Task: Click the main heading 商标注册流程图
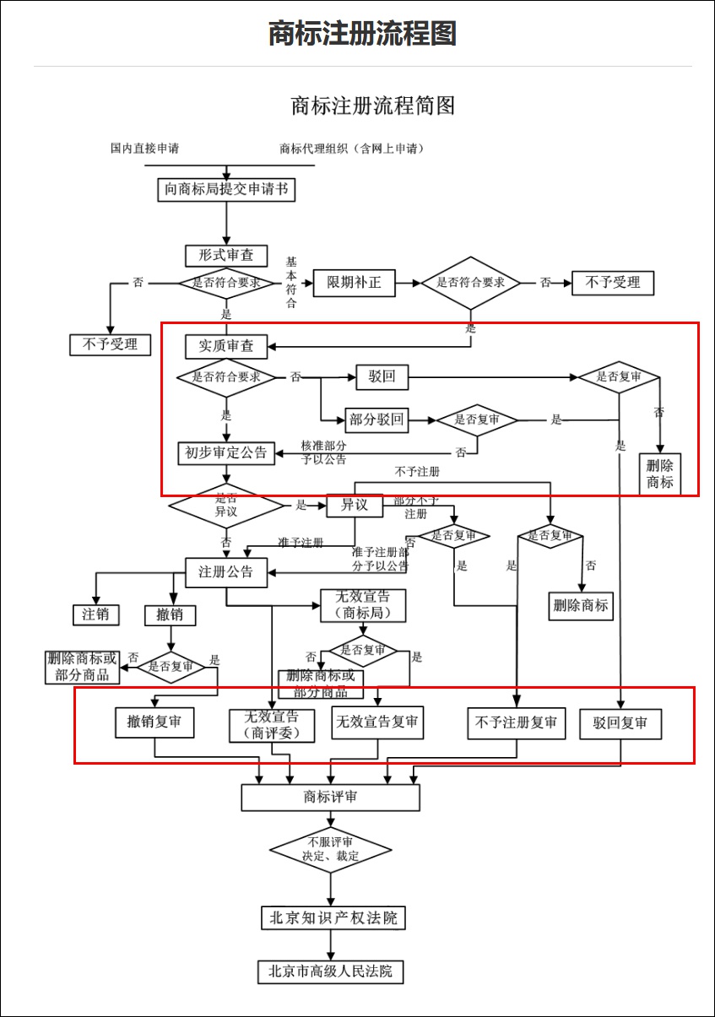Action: [362, 34]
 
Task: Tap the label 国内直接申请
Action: [144, 149]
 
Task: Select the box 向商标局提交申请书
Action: [226, 189]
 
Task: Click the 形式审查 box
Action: [226, 255]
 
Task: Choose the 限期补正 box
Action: [354, 283]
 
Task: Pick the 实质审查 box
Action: [226, 346]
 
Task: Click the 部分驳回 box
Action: [376, 419]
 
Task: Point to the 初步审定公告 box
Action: [226, 453]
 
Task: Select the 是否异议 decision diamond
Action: [227, 506]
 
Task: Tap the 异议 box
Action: [355, 506]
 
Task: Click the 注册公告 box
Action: [226, 572]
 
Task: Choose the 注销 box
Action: [95, 614]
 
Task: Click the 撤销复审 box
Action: [154, 722]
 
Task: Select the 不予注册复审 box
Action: [516, 723]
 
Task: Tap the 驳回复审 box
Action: [620, 724]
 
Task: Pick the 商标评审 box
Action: [330, 798]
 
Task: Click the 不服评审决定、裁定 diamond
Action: [330, 849]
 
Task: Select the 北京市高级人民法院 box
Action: [331, 971]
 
